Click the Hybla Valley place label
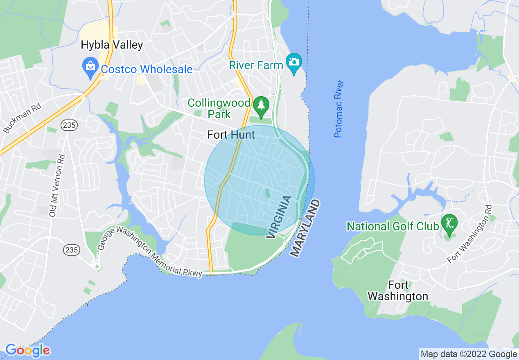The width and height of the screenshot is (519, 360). click(x=112, y=45)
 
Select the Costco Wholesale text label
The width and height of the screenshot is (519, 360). click(x=147, y=69)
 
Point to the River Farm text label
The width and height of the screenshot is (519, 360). click(x=256, y=65)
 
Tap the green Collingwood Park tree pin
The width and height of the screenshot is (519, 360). click(x=261, y=105)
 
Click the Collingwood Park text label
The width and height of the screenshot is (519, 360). click(x=219, y=108)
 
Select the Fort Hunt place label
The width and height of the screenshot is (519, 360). click(x=231, y=135)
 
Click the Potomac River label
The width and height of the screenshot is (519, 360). click(x=338, y=109)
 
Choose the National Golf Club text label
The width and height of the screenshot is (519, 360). click(x=393, y=226)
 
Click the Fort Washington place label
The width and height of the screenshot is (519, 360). click(x=398, y=290)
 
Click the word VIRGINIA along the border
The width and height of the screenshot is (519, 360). click(x=280, y=217)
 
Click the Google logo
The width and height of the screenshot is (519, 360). click(x=27, y=350)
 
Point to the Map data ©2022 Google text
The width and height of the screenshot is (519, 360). click(x=469, y=354)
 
